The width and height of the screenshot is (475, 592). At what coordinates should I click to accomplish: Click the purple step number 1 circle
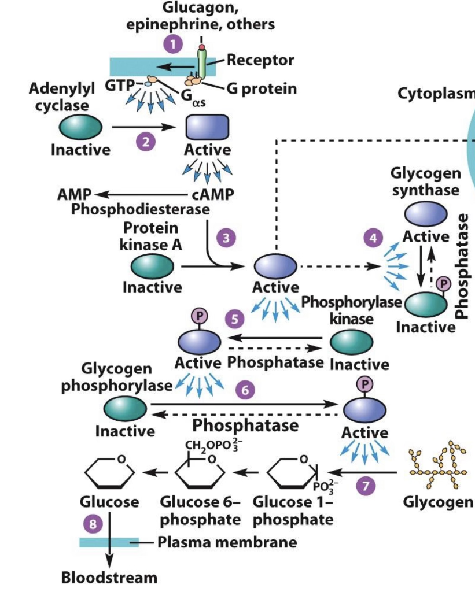click(172, 42)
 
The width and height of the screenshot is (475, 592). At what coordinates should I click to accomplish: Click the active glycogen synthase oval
click(425, 214)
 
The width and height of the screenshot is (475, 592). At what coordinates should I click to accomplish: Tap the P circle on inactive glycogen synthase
click(444, 283)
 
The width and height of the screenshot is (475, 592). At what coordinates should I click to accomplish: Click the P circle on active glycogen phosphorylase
click(365, 383)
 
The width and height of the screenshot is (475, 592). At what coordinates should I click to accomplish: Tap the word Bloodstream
click(109, 577)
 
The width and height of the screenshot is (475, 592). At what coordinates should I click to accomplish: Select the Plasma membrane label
click(227, 542)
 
